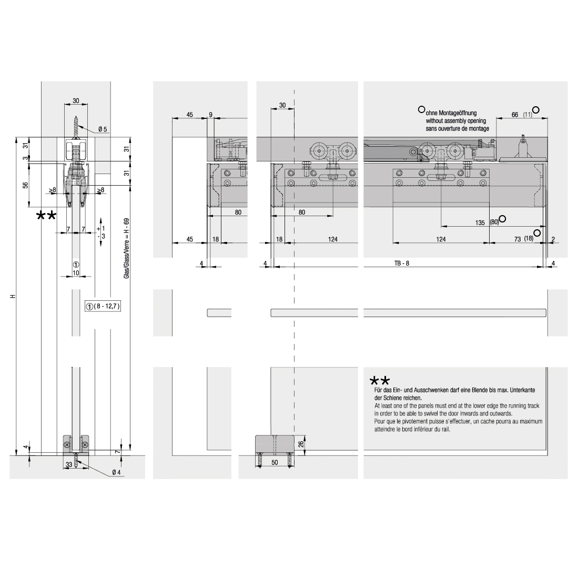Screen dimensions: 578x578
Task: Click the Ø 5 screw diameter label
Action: [103, 129]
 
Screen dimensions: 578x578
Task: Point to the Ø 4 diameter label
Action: [116, 472]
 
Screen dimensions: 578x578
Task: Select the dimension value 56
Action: [25, 185]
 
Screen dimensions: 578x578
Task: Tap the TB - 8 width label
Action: [402, 263]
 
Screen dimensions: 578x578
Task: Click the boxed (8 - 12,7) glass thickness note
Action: [103, 306]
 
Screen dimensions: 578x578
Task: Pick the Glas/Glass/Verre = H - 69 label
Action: [126, 248]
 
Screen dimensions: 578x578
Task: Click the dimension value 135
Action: [480, 222]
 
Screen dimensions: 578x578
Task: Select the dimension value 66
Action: [515, 115]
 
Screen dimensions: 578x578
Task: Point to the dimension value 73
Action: [518, 239]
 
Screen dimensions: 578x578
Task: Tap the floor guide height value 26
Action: [301, 444]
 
